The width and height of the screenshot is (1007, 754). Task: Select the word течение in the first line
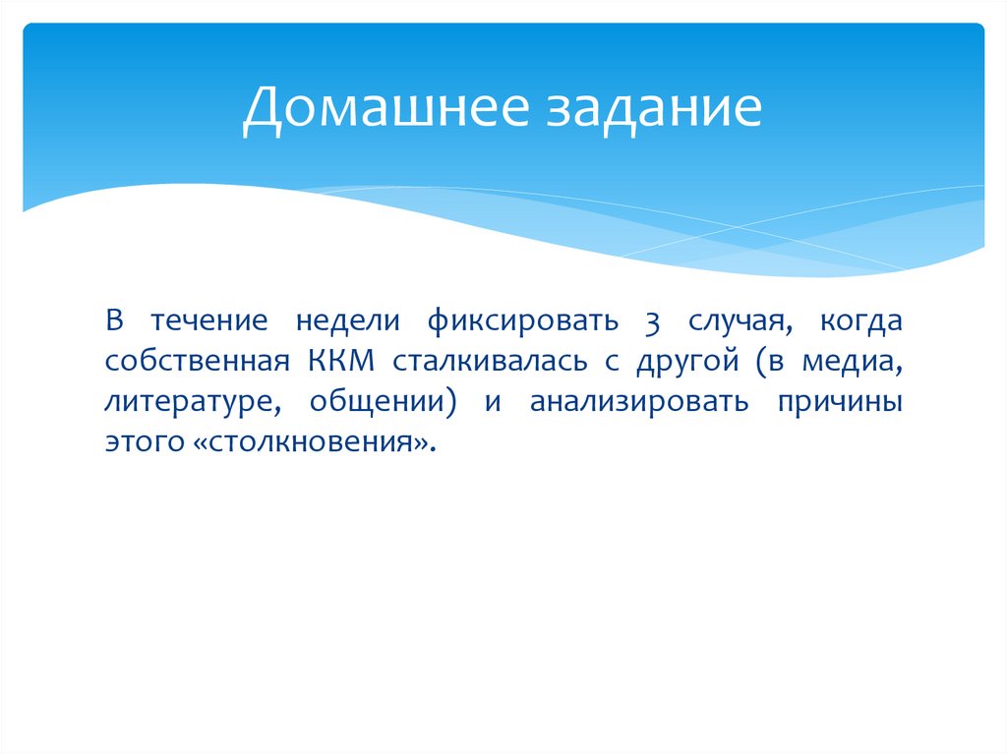tap(203, 321)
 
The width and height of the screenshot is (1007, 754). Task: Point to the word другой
tap(685, 362)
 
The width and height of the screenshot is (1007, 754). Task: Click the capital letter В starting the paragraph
tap(114, 321)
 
